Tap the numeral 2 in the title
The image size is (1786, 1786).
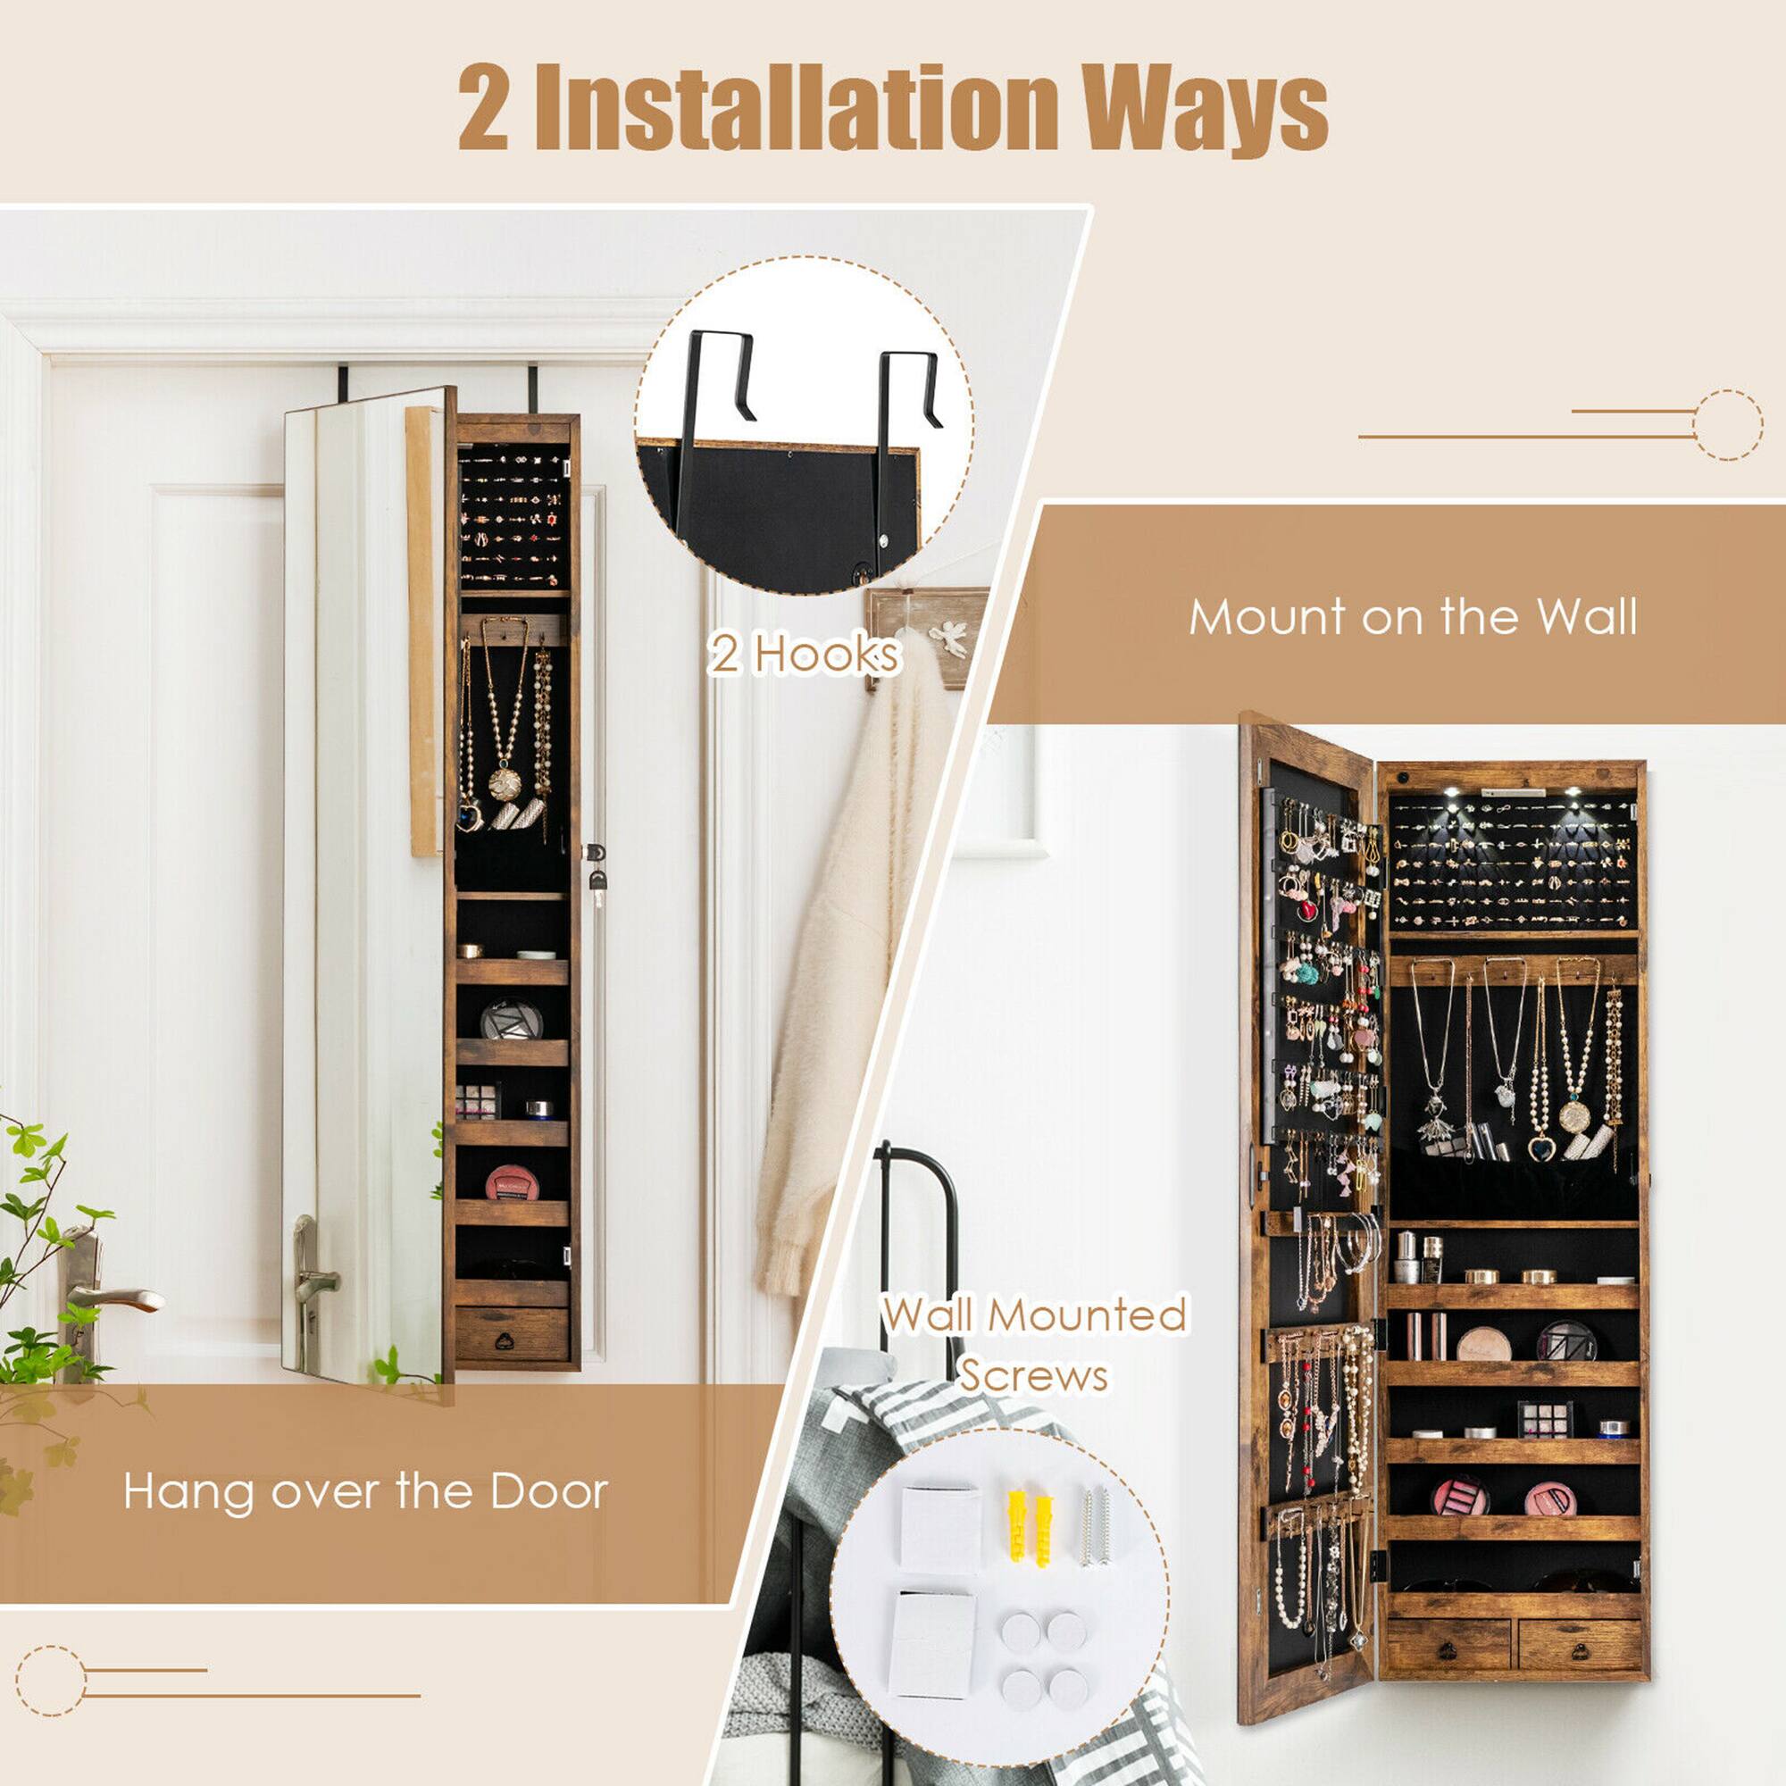[x=482, y=109]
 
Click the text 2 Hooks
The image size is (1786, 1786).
[x=804, y=655]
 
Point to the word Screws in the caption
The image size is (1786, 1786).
[x=1032, y=1374]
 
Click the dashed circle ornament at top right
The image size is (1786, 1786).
[x=1728, y=425]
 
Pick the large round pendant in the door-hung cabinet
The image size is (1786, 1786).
[x=505, y=784]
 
